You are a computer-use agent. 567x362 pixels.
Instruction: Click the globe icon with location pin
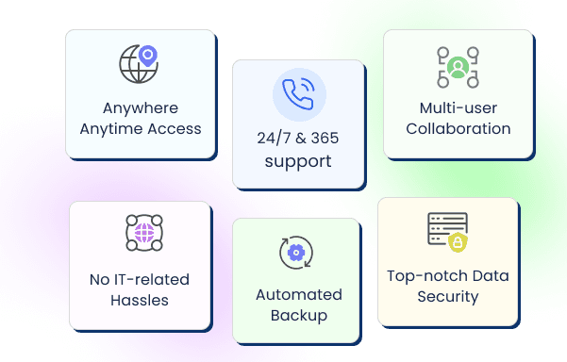(138, 65)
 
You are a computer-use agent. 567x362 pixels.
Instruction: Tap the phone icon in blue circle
(298, 95)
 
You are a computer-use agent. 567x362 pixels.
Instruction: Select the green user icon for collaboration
(458, 67)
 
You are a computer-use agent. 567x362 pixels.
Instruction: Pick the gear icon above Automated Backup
(296, 253)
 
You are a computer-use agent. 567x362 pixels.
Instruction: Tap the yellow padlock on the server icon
(458, 243)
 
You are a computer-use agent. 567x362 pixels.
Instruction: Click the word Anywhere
(141, 108)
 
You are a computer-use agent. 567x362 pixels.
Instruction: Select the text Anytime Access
(141, 128)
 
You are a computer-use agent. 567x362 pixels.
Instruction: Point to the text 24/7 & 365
(298, 139)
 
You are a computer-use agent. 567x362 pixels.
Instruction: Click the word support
(298, 161)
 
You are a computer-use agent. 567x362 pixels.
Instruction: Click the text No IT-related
(140, 279)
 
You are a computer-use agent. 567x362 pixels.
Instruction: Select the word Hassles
(140, 300)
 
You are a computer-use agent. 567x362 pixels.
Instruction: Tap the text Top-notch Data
(448, 276)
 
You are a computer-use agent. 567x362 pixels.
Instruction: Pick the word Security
(448, 297)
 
